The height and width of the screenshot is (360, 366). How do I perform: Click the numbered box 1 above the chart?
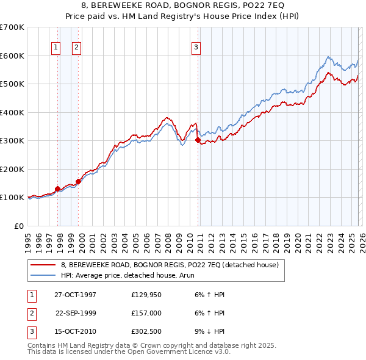tap(56, 47)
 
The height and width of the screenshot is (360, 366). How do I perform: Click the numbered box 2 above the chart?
tap(76, 47)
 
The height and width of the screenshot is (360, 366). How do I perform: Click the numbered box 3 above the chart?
tap(196, 47)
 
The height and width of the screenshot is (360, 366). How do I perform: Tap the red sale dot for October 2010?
tap(198, 140)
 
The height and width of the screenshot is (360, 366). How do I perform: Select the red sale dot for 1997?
tap(58, 189)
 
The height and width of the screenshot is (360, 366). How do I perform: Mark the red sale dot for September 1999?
tap(79, 181)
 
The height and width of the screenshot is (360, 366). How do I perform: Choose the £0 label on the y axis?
tap(18, 226)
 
